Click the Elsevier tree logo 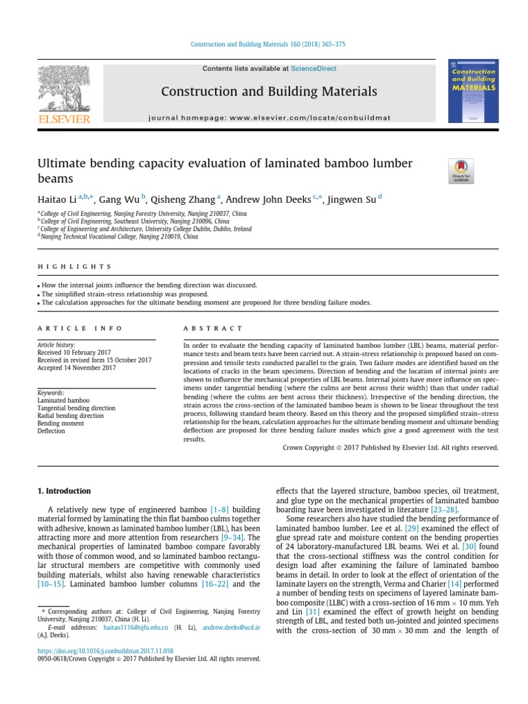(63, 92)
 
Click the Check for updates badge (460, 170)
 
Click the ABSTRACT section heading (212, 329)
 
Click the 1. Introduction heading (63, 491)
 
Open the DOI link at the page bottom (104, 650)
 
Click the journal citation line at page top (264, 44)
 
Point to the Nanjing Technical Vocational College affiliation (119, 236)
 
